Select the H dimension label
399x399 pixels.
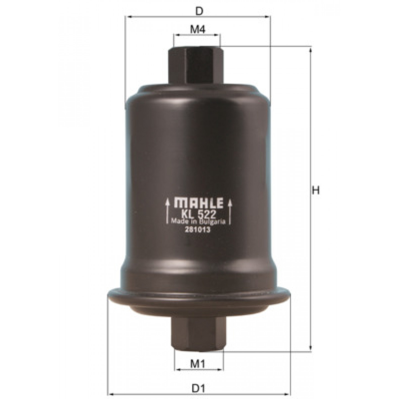pyautogui.click(x=316, y=191)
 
